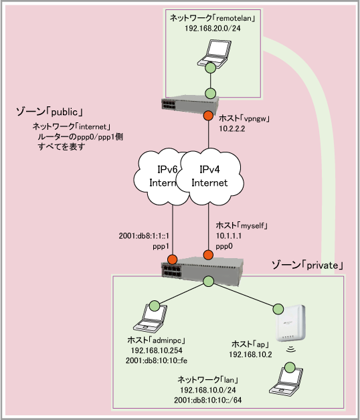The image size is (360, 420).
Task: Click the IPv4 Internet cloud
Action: (x=209, y=177)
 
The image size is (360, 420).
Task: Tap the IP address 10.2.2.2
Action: (x=232, y=129)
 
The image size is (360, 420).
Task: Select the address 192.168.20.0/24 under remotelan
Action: (x=212, y=28)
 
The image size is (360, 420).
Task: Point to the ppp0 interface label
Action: (x=224, y=246)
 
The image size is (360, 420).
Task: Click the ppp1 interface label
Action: (x=161, y=246)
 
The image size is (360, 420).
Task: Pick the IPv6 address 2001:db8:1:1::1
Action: (x=144, y=235)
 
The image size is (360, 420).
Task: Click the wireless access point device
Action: (x=291, y=323)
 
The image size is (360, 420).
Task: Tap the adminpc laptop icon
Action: (x=150, y=318)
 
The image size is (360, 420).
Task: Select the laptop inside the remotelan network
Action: (x=214, y=54)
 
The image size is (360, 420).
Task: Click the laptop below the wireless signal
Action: (x=286, y=381)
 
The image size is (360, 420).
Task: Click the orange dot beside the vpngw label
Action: (x=208, y=116)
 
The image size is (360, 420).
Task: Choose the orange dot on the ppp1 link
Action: (x=172, y=259)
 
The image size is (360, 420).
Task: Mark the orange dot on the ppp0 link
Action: (x=208, y=255)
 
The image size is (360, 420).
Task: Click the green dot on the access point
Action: (x=278, y=309)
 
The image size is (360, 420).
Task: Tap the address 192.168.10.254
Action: (x=157, y=350)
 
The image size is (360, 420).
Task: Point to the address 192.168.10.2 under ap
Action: (x=250, y=354)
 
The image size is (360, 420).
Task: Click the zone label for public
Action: (x=49, y=112)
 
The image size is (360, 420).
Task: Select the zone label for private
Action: (x=307, y=266)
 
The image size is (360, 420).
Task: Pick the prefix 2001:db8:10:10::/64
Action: (x=207, y=400)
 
